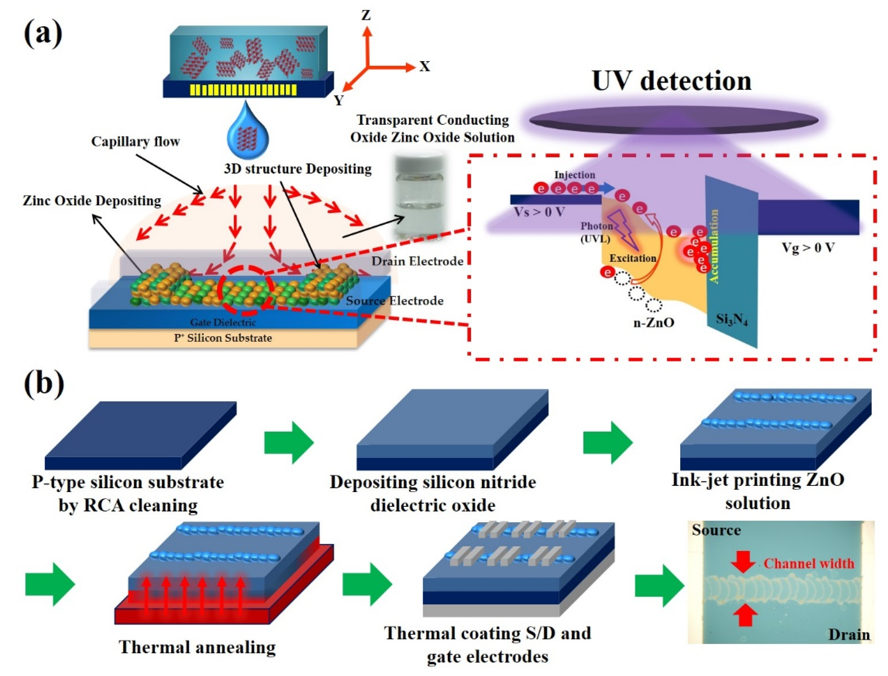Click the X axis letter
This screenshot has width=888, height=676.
[424, 67]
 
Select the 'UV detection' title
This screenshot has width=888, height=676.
[671, 81]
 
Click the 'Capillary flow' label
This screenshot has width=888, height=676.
[135, 142]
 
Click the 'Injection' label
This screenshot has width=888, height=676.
[574, 175]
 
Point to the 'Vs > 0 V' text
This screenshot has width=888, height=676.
[540, 212]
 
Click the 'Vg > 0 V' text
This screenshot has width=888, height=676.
[808, 248]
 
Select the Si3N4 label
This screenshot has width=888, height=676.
[731, 320]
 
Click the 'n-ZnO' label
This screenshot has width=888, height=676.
[653, 322]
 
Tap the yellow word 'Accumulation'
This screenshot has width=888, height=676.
[713, 246]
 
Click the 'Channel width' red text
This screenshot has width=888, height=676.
[809, 563]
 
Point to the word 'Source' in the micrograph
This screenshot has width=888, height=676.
[716, 530]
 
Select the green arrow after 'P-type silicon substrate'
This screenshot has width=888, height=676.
[289, 442]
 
